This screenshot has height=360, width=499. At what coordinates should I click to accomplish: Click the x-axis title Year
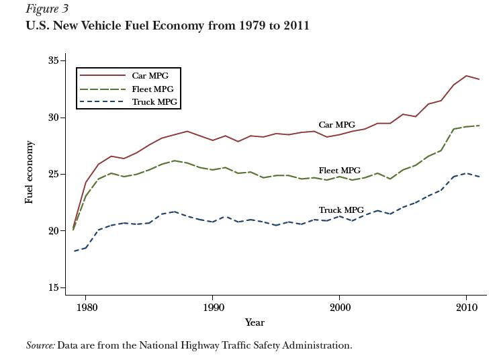pyautogui.click(x=255, y=322)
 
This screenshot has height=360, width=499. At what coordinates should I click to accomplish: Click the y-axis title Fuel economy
pyautogui.click(x=30, y=173)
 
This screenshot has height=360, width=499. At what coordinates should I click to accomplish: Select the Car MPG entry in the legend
pyautogui.click(x=150, y=76)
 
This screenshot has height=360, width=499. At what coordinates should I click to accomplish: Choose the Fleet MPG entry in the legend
pyautogui.click(x=152, y=89)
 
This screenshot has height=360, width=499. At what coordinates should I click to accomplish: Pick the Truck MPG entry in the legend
pyautogui.click(x=154, y=102)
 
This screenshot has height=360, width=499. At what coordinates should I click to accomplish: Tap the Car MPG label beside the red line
pyautogui.click(x=336, y=125)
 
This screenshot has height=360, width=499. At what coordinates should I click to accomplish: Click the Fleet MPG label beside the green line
pyautogui.click(x=339, y=171)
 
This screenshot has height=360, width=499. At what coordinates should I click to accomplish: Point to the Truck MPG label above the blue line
pyautogui.click(x=341, y=210)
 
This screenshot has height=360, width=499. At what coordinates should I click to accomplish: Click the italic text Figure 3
pyautogui.click(x=47, y=9)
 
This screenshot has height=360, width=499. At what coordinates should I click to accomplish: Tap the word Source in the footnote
pyautogui.click(x=40, y=345)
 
